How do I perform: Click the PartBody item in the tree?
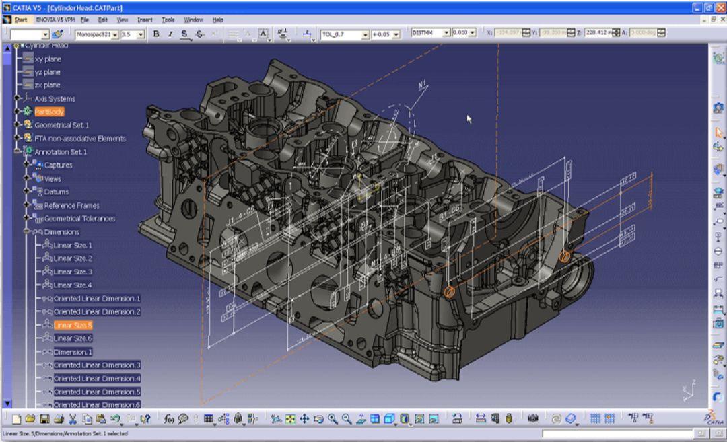[49, 112]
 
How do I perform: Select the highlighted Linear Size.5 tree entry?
[73, 325]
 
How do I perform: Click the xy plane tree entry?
[47, 59]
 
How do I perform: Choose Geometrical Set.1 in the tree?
[61, 125]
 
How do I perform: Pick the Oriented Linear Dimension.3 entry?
[96, 365]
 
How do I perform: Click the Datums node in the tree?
[56, 192]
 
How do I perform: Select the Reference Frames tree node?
[71, 205]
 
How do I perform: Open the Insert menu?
[145, 20]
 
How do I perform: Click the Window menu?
[193, 20]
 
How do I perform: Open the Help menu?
[217, 20]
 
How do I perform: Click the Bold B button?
[156, 34]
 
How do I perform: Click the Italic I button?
[170, 34]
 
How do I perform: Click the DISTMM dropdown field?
[429, 33]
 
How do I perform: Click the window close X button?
[719, 7]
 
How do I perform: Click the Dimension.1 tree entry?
[73, 352]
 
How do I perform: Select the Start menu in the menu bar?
[21, 20]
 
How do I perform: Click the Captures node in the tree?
[58, 165]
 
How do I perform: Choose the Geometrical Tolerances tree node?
[79, 219]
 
